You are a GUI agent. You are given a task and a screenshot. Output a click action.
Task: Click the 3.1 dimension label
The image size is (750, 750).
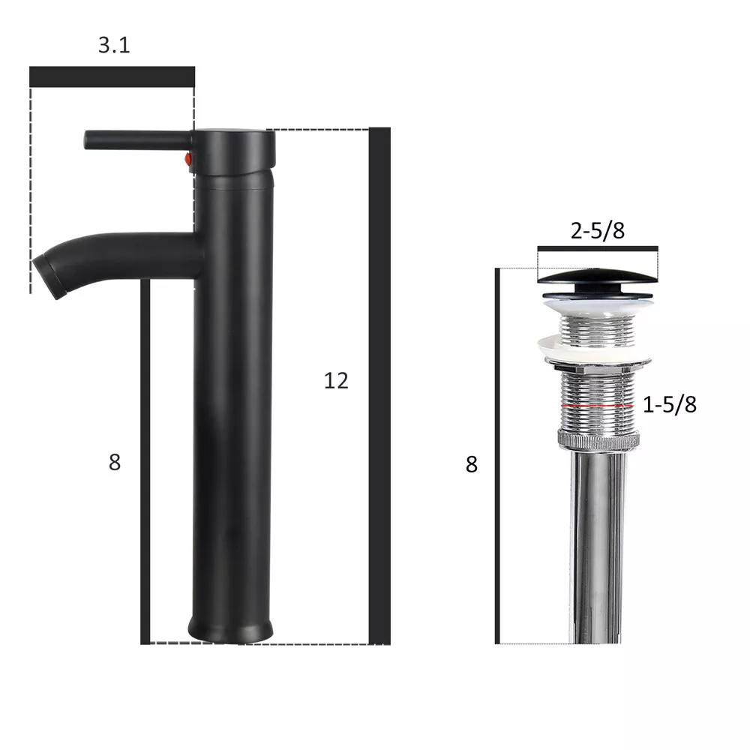[x=114, y=45]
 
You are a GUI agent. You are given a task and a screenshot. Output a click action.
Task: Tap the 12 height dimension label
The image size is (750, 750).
[x=336, y=381]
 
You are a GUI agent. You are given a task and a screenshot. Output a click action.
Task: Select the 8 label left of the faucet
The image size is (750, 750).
[x=115, y=462]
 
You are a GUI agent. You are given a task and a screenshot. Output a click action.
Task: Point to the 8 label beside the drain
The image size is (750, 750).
[x=472, y=464]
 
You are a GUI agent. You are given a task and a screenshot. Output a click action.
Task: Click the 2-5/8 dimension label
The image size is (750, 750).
[x=598, y=230]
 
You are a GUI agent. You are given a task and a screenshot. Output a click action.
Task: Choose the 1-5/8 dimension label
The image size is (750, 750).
[x=669, y=405]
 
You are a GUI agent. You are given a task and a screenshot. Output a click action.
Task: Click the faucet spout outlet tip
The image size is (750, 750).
[x=46, y=277]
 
